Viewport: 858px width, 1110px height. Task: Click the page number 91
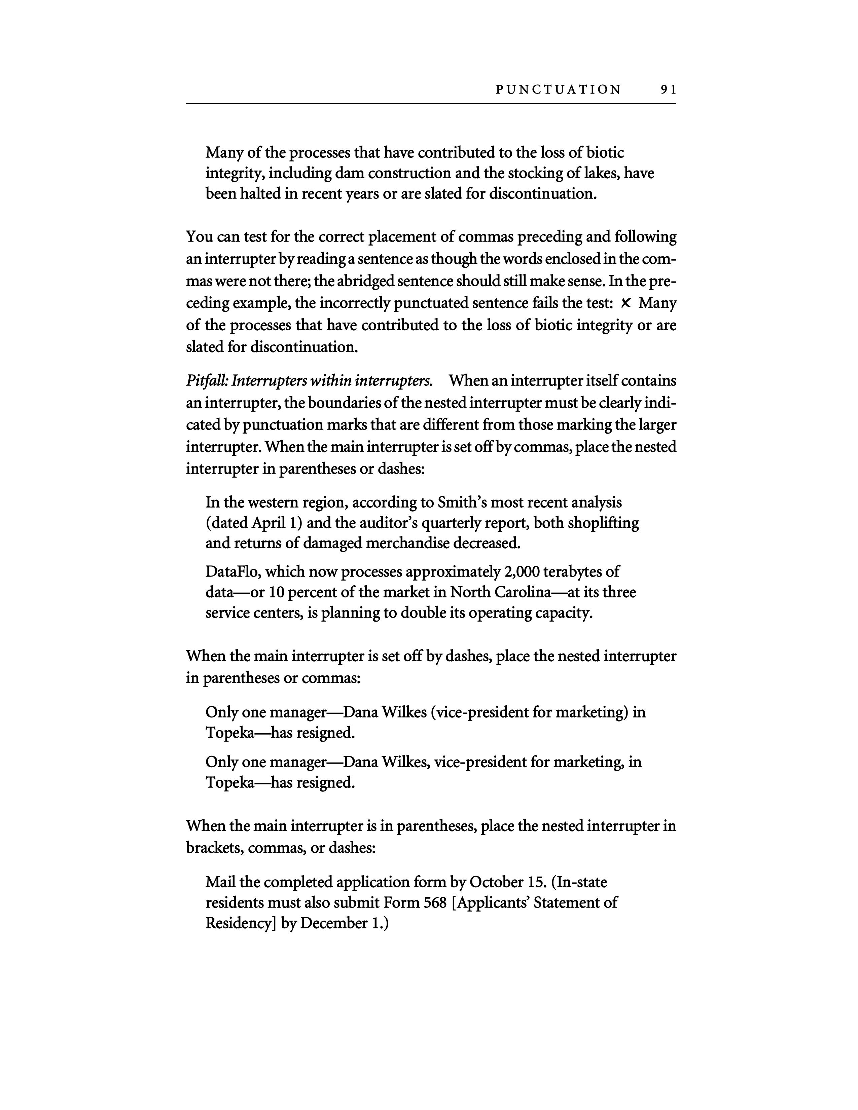668,90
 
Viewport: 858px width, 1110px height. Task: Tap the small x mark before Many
626,303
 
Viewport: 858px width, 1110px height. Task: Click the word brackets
214,848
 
